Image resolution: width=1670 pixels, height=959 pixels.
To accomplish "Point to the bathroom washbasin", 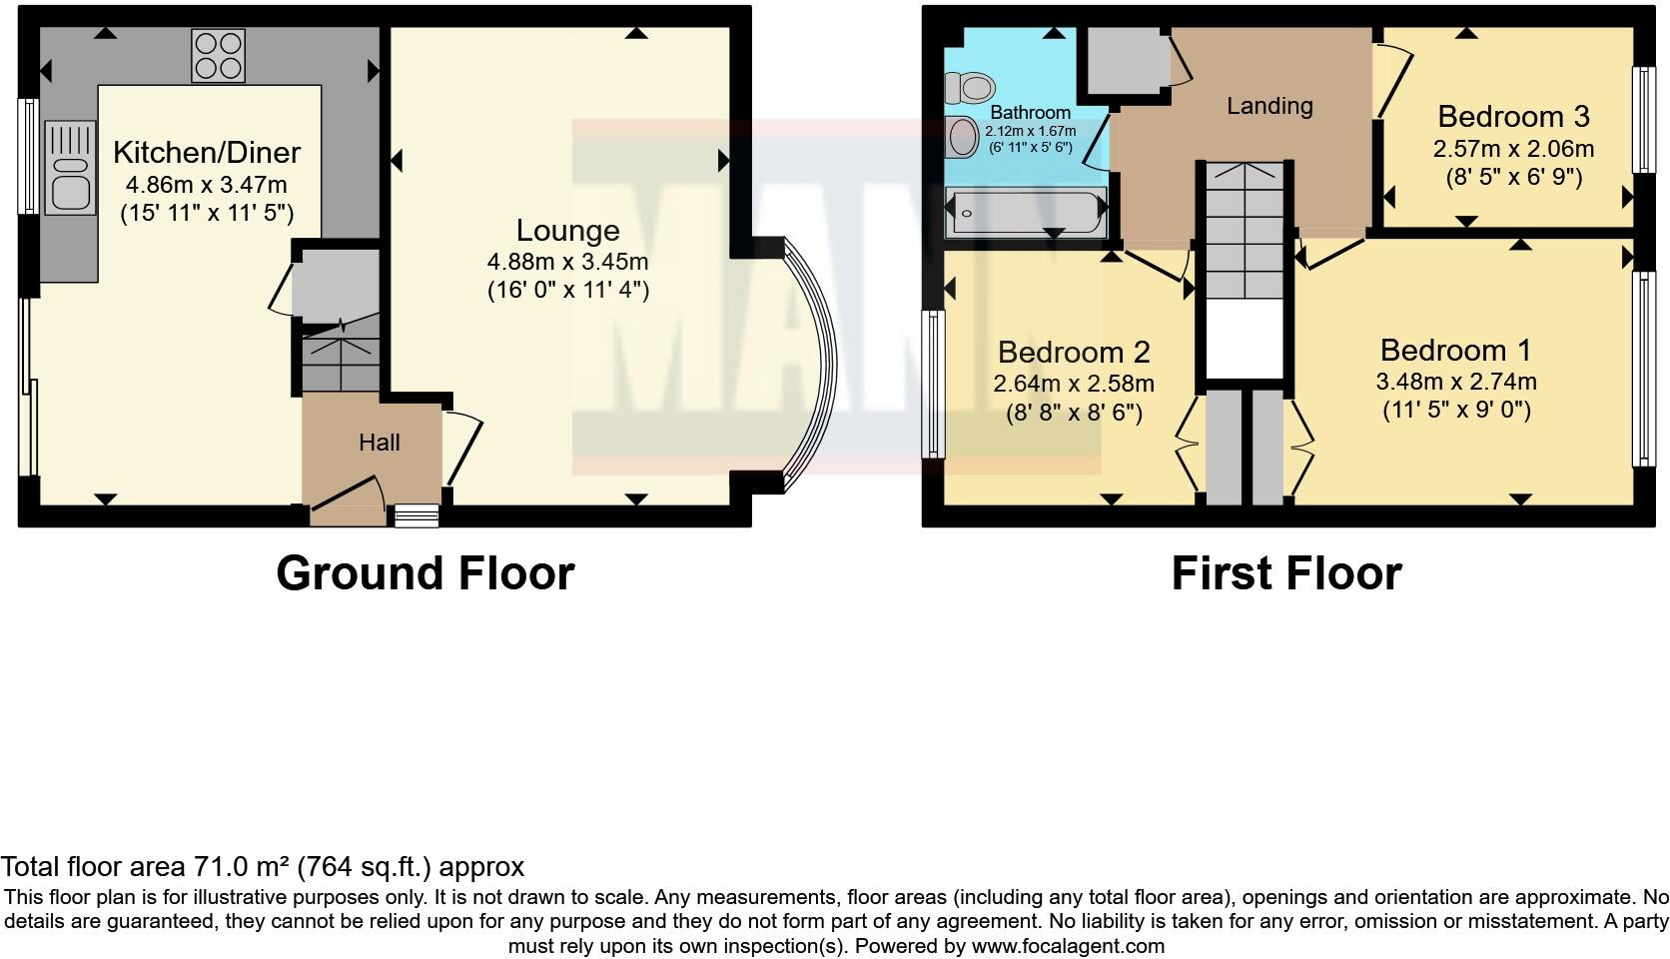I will coord(963,136).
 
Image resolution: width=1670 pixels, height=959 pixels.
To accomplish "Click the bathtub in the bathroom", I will coord(1026,211).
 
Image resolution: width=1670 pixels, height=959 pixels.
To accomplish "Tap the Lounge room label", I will coord(567,231).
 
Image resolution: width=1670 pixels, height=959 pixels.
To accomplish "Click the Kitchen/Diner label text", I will coord(207,153).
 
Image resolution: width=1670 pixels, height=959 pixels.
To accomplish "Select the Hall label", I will coord(380,443).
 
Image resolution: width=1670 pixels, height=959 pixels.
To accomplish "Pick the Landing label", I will coord(1269,106).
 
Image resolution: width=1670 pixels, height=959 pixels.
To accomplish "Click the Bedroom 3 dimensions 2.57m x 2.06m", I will coord(1513,150).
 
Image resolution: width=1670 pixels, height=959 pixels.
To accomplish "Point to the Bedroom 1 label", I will coord(1455,351).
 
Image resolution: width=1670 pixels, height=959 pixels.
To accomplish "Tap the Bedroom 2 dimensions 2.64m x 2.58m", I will coord(1073,384).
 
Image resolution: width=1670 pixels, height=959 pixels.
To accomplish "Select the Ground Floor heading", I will coord(424,574).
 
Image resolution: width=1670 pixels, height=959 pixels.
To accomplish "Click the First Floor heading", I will coord(1285,574).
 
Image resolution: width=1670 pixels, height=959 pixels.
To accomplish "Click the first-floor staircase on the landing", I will coord(1243,230).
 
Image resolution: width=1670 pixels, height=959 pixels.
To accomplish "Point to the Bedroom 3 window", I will coord(1638,120).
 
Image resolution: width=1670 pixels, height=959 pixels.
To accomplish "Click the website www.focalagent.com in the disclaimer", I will coord(1068,946).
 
